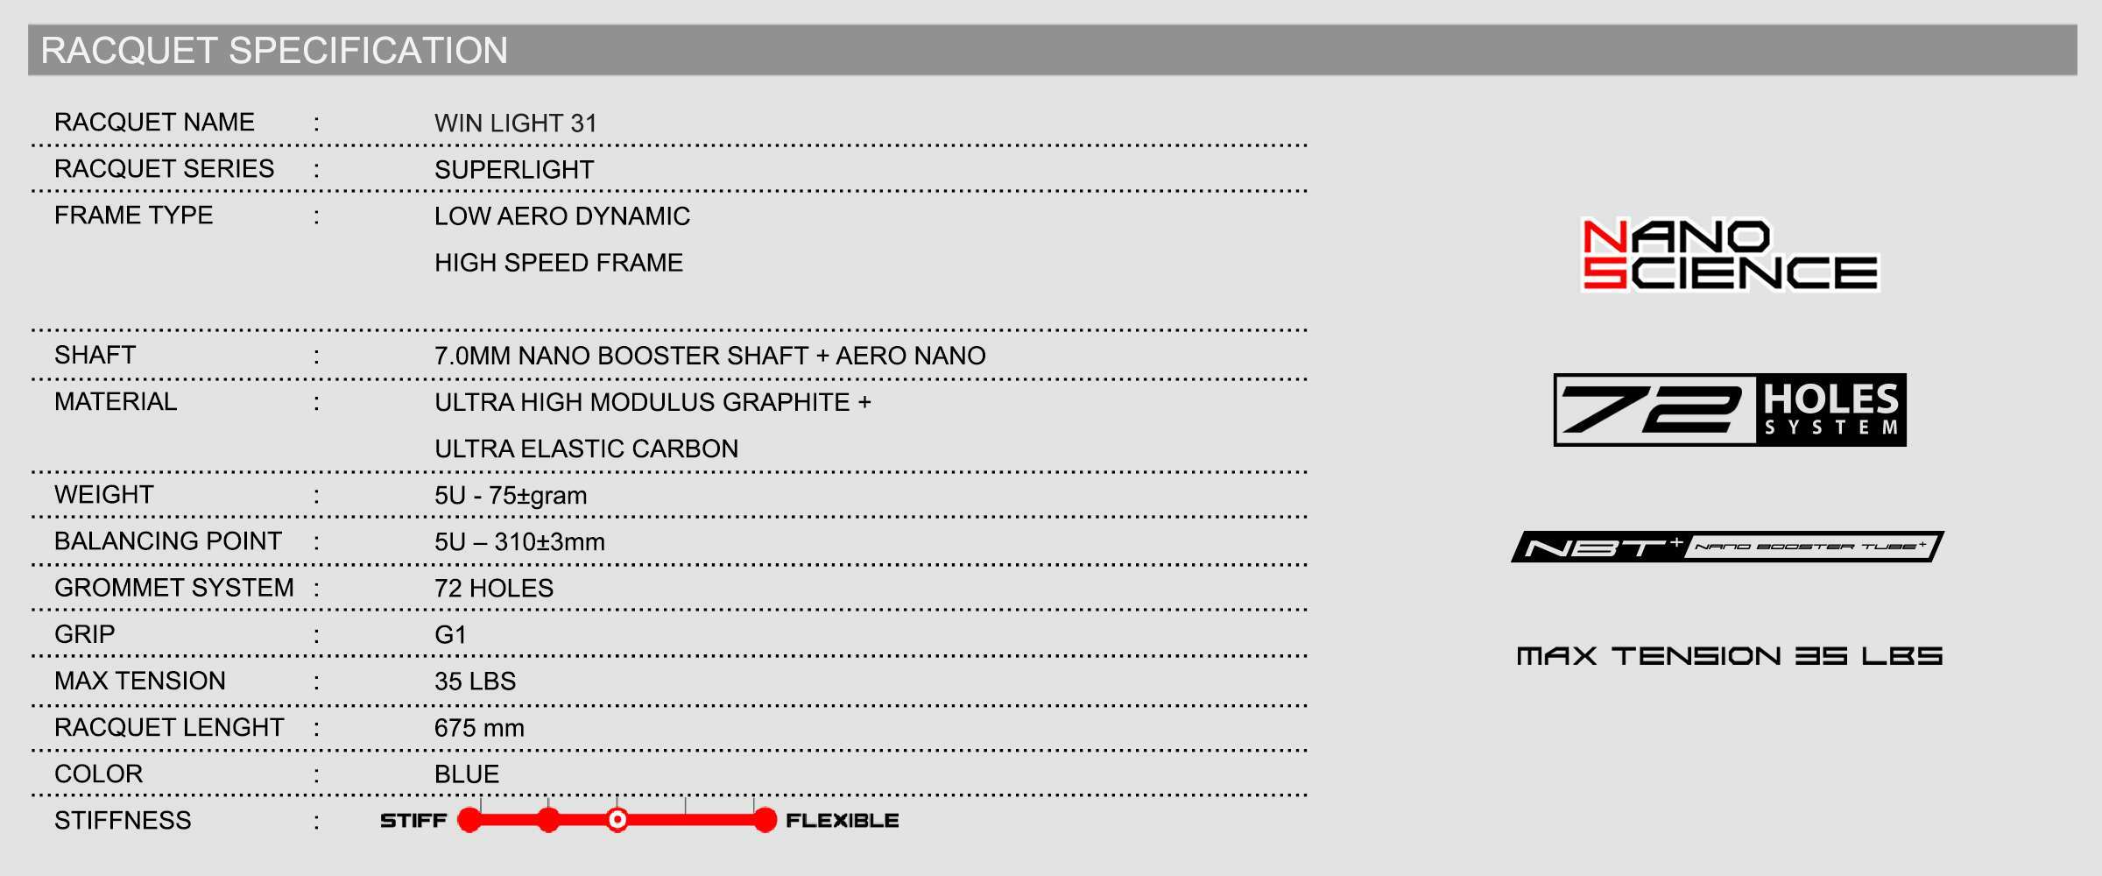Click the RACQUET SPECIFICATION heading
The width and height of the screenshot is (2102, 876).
pos(274,51)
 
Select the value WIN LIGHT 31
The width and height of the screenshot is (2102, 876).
pos(515,124)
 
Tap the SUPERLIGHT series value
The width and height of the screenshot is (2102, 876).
pos(514,170)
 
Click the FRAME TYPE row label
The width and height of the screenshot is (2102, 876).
pos(133,215)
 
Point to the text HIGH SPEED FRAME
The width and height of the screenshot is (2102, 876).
pos(558,263)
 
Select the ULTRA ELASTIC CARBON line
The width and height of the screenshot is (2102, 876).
pos(586,449)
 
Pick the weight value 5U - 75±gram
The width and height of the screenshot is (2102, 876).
pos(511,496)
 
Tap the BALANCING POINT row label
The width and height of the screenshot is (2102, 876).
pos(168,541)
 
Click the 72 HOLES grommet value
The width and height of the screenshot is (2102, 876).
pos(494,589)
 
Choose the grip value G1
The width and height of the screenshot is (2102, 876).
pos(450,635)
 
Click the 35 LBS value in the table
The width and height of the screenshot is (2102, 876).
pos(475,682)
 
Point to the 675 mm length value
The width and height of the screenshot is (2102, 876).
pos(479,728)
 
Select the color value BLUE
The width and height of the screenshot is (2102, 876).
pos(467,774)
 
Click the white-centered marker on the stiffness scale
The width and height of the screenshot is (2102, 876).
pos(617,820)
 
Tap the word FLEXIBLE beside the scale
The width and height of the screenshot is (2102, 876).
pos(842,821)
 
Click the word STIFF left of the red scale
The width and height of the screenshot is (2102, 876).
pos(413,821)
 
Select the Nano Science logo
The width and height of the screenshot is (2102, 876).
pos(1730,255)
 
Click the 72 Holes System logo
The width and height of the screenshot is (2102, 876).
pos(1730,410)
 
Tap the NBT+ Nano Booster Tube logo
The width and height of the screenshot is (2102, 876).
pos(1727,547)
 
